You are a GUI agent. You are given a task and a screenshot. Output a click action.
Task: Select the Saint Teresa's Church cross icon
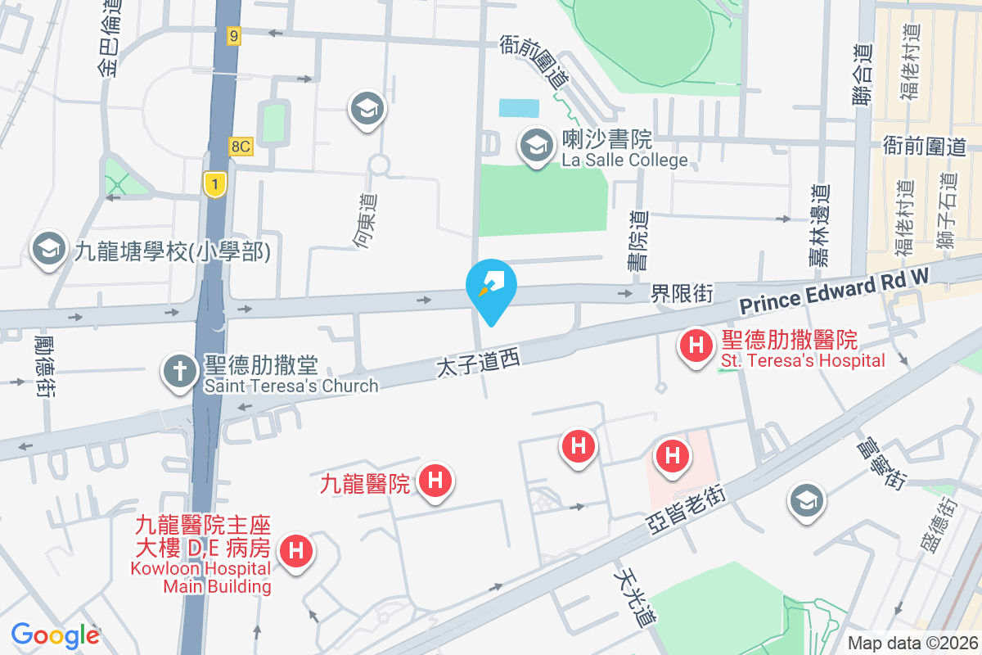click(x=178, y=372)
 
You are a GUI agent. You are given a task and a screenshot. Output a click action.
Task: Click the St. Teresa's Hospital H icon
click(x=696, y=346)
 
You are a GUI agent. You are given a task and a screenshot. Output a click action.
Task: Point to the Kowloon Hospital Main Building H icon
click(x=296, y=551)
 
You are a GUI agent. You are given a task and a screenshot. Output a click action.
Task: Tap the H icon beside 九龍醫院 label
click(x=435, y=480)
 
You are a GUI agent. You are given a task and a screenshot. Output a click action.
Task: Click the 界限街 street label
click(x=682, y=292)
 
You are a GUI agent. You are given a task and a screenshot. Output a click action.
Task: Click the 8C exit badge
click(x=240, y=145)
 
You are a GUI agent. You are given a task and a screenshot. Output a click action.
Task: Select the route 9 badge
click(x=234, y=35)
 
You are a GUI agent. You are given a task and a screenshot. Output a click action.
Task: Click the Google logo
click(x=55, y=635)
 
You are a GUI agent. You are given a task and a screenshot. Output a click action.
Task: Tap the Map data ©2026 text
click(x=911, y=643)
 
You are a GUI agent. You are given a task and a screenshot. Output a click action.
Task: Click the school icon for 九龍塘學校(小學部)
click(x=49, y=251)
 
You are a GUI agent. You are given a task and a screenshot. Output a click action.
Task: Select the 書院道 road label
click(x=638, y=241)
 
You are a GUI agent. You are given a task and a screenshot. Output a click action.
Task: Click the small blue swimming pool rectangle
click(x=519, y=108)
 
